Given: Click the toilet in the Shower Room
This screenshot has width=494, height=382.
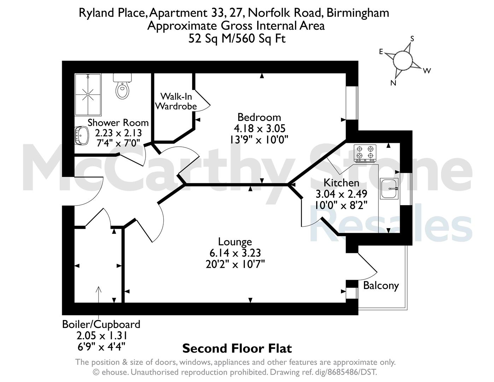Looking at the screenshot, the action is [x=122, y=86].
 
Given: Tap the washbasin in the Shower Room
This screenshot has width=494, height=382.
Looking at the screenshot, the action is [x=82, y=135].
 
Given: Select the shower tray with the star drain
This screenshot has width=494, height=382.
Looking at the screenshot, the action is [x=88, y=94].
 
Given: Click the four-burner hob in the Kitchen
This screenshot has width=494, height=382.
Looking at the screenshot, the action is [x=365, y=154].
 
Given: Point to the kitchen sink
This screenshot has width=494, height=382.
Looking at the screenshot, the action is [x=389, y=189].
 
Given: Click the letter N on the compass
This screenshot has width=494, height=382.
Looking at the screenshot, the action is [x=393, y=83].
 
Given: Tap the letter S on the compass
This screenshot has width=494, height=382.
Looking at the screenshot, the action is [x=412, y=39].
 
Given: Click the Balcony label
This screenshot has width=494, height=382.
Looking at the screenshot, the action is [x=381, y=285].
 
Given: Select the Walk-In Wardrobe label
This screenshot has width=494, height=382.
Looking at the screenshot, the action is [x=176, y=102].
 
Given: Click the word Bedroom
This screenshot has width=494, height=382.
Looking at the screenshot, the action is [x=259, y=117].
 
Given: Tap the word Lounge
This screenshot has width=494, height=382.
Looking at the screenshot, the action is [x=235, y=242].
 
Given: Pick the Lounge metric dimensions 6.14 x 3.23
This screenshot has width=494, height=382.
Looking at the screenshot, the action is [x=235, y=253].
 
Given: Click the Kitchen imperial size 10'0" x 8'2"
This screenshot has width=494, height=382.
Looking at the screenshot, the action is [x=341, y=206].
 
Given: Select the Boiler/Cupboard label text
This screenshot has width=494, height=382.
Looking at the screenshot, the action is [x=101, y=325].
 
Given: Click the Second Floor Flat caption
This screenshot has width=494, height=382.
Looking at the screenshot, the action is [x=237, y=348].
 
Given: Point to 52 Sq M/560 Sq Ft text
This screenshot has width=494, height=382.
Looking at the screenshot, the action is [x=237, y=39].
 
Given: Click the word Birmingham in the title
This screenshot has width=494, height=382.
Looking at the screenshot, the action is [x=358, y=13].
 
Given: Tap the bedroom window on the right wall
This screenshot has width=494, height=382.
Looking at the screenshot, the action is [x=352, y=103].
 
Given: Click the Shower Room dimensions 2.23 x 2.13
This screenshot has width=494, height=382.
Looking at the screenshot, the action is [x=118, y=133].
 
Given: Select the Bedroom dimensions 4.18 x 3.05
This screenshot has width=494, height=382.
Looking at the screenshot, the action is [x=259, y=128].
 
